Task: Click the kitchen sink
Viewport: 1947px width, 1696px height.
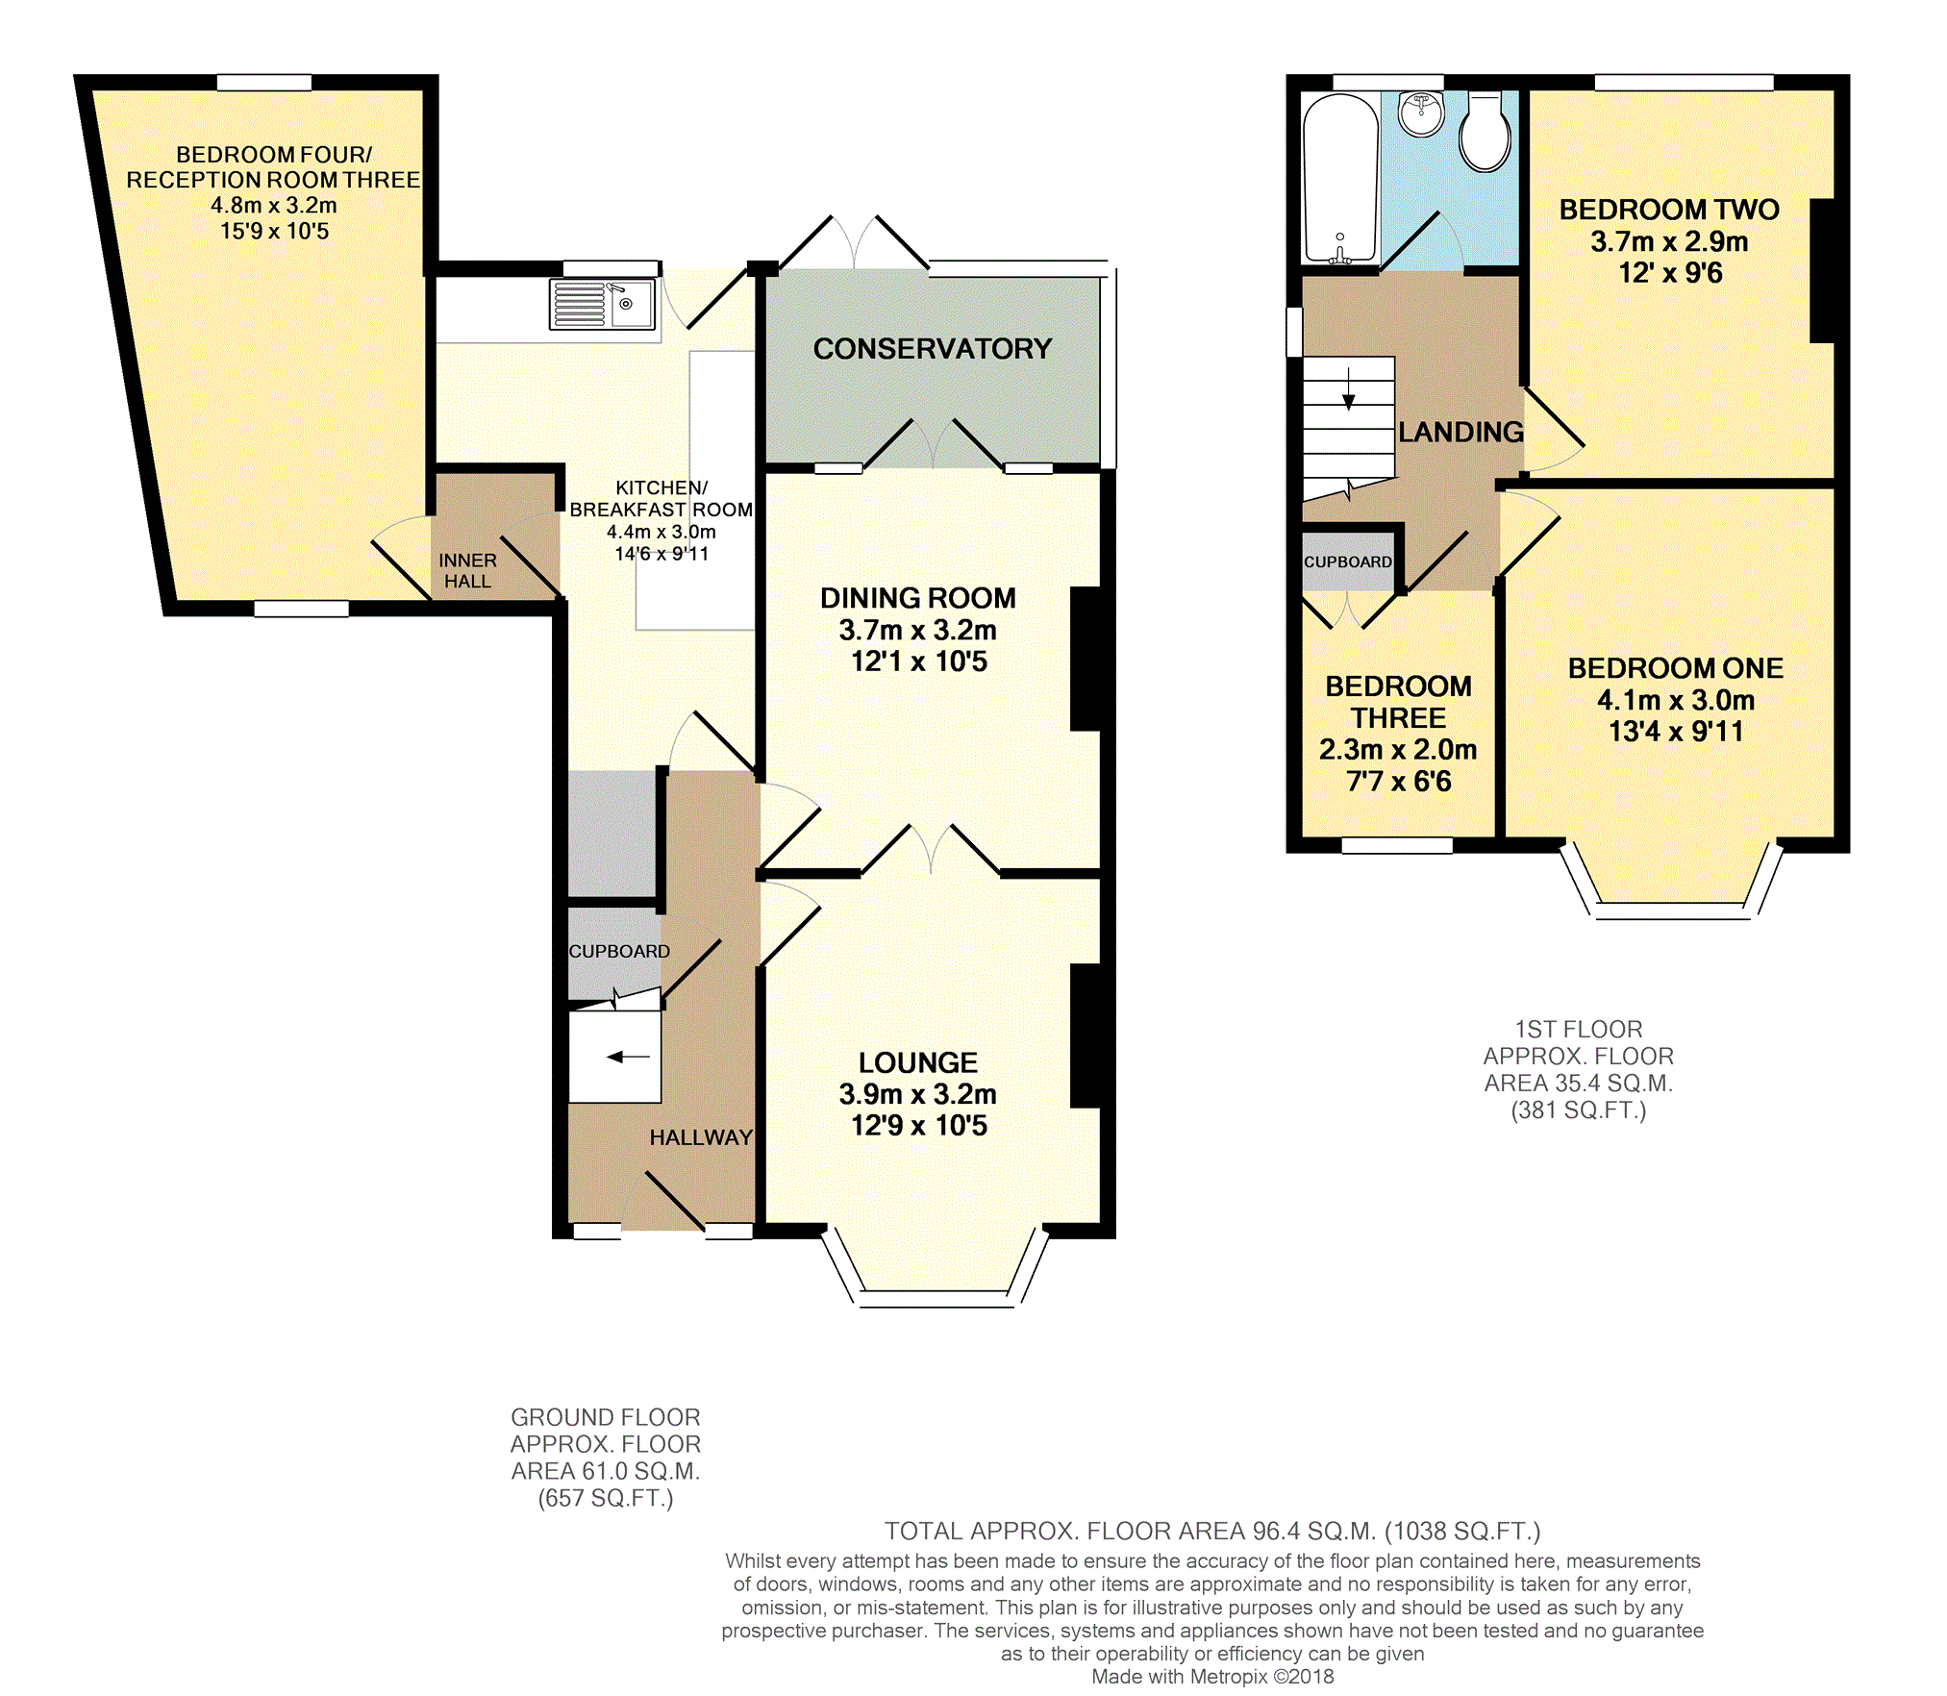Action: (x=603, y=303)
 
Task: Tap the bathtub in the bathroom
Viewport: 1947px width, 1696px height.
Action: (x=1340, y=178)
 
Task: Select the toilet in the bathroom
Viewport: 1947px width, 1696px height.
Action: (x=1485, y=133)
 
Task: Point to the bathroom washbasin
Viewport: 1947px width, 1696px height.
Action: (x=1421, y=113)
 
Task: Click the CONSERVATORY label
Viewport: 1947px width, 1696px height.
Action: (x=933, y=349)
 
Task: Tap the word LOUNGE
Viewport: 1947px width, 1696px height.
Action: (x=918, y=1062)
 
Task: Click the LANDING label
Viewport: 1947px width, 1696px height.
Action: (x=1460, y=433)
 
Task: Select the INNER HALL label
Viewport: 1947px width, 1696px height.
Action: (x=467, y=571)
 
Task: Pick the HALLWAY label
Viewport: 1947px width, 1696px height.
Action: (x=701, y=1137)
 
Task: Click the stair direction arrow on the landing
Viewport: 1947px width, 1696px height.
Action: (x=1349, y=388)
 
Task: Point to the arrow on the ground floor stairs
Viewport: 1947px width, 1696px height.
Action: (x=629, y=1058)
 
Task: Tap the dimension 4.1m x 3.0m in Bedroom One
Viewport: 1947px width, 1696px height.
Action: (x=1676, y=700)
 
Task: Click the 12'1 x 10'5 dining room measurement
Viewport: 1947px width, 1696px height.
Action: (x=919, y=661)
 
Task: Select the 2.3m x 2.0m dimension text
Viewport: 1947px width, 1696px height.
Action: (x=1398, y=750)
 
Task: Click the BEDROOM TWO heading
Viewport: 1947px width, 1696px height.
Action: (x=1669, y=210)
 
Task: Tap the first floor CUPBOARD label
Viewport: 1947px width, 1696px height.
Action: (x=1348, y=561)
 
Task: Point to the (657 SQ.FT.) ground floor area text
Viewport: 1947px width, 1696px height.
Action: (x=606, y=1498)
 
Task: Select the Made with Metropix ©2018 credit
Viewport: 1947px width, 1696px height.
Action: (x=1212, y=1677)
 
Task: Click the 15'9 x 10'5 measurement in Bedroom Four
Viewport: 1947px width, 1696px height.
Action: (x=275, y=232)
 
